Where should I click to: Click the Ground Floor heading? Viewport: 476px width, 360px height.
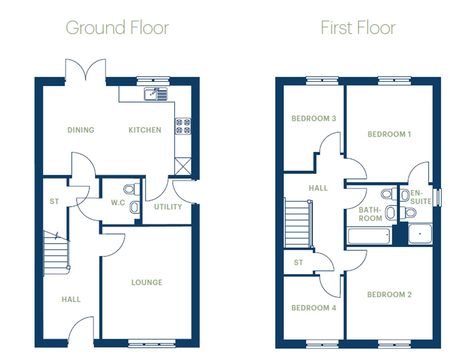coord(117,28)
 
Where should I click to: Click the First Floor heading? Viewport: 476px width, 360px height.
coord(358,28)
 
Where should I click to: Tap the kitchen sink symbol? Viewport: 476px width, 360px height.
coord(155,94)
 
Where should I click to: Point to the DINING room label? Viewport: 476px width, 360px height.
coord(81,130)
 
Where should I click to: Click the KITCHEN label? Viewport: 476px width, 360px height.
coord(145,130)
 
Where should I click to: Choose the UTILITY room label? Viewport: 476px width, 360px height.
coord(168,207)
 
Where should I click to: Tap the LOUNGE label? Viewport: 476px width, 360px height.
coord(147,283)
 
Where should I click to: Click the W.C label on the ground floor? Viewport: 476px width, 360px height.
coord(118,203)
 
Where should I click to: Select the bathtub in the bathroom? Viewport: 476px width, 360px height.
coord(369,236)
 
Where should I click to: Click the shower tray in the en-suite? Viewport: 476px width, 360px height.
coord(420,234)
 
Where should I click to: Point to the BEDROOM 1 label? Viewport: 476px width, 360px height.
coord(389,134)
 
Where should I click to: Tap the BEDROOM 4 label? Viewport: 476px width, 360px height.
coord(313,308)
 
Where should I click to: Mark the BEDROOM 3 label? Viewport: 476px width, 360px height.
coord(313,119)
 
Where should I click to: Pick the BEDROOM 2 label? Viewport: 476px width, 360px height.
coord(389,295)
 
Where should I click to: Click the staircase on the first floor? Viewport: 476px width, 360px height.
coord(297,223)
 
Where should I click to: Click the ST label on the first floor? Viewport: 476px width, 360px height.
coord(298,263)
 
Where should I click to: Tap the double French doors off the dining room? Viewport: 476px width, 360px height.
coord(86,71)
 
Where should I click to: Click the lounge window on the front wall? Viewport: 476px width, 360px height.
coord(152,343)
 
